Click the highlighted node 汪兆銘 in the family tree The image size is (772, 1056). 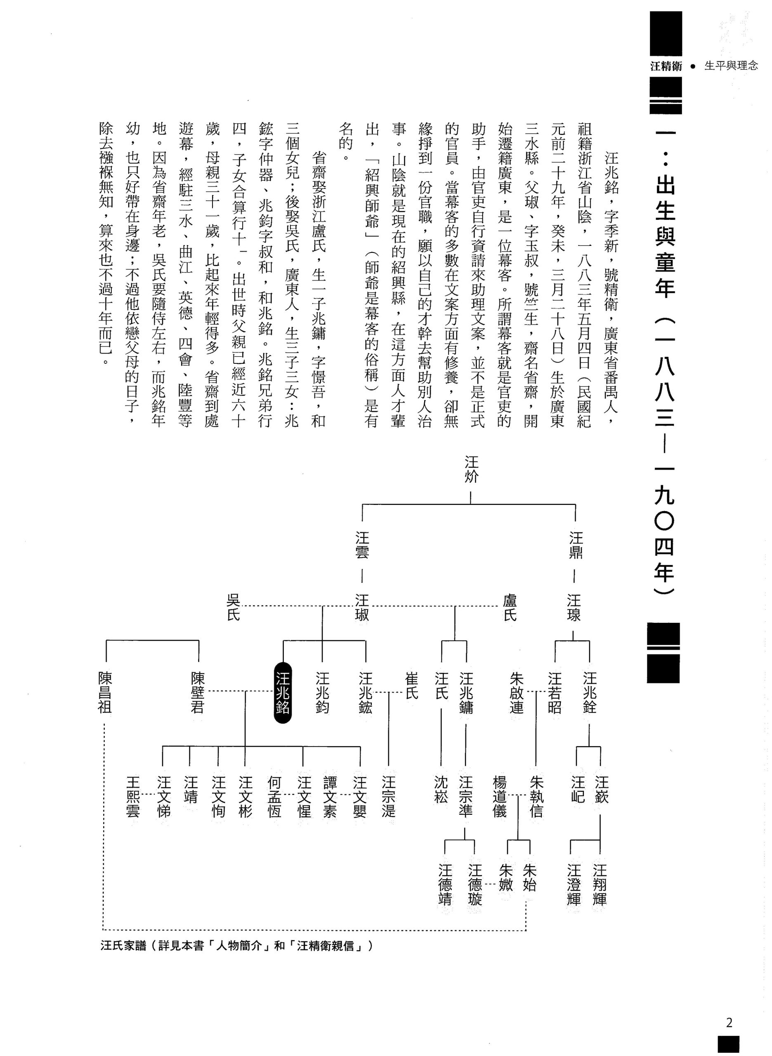pyautogui.click(x=283, y=693)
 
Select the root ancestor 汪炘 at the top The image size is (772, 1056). pyautogui.click(x=471, y=469)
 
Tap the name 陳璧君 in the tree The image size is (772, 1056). pyautogui.click(x=198, y=693)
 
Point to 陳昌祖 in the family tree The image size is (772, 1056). pyautogui.click(x=105, y=693)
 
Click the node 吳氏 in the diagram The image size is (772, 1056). pyautogui.click(x=233, y=607)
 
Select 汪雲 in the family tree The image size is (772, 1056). pyautogui.click(x=362, y=545)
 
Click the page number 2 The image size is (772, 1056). pyautogui.click(x=729, y=1023)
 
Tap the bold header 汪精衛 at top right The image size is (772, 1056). pyautogui.click(x=666, y=66)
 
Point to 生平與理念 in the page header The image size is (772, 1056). pyautogui.click(x=731, y=66)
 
